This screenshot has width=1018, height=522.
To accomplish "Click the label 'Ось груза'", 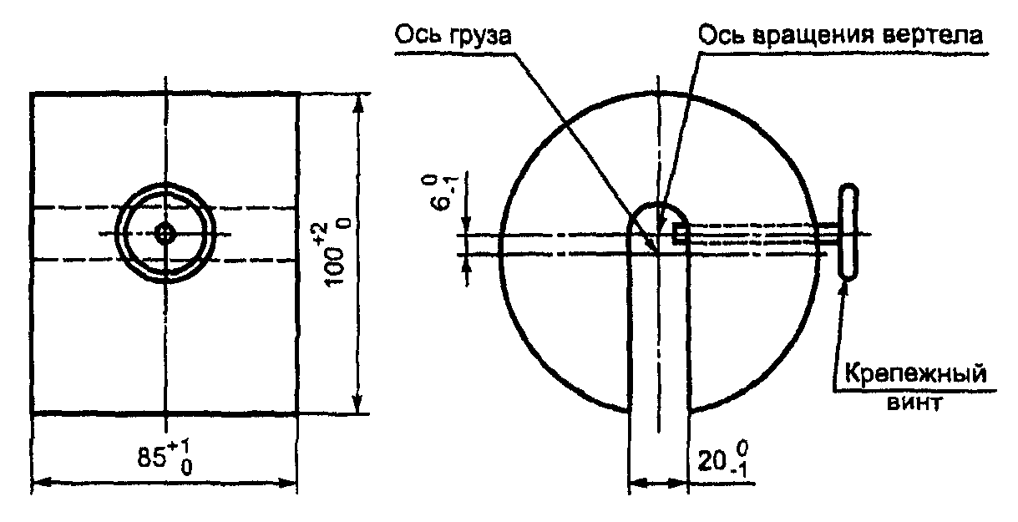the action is (x=452, y=35).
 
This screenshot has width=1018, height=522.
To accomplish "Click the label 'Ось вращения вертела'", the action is (x=840, y=34).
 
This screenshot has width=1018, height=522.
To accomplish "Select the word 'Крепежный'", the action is (x=915, y=374).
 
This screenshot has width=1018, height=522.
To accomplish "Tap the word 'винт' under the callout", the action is (x=914, y=403).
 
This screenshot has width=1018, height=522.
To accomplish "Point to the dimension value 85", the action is (x=151, y=457).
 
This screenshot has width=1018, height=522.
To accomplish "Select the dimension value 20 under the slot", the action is (x=712, y=462).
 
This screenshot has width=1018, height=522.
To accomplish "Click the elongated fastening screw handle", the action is (x=848, y=231).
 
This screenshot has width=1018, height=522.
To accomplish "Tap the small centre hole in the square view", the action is (x=165, y=234).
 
